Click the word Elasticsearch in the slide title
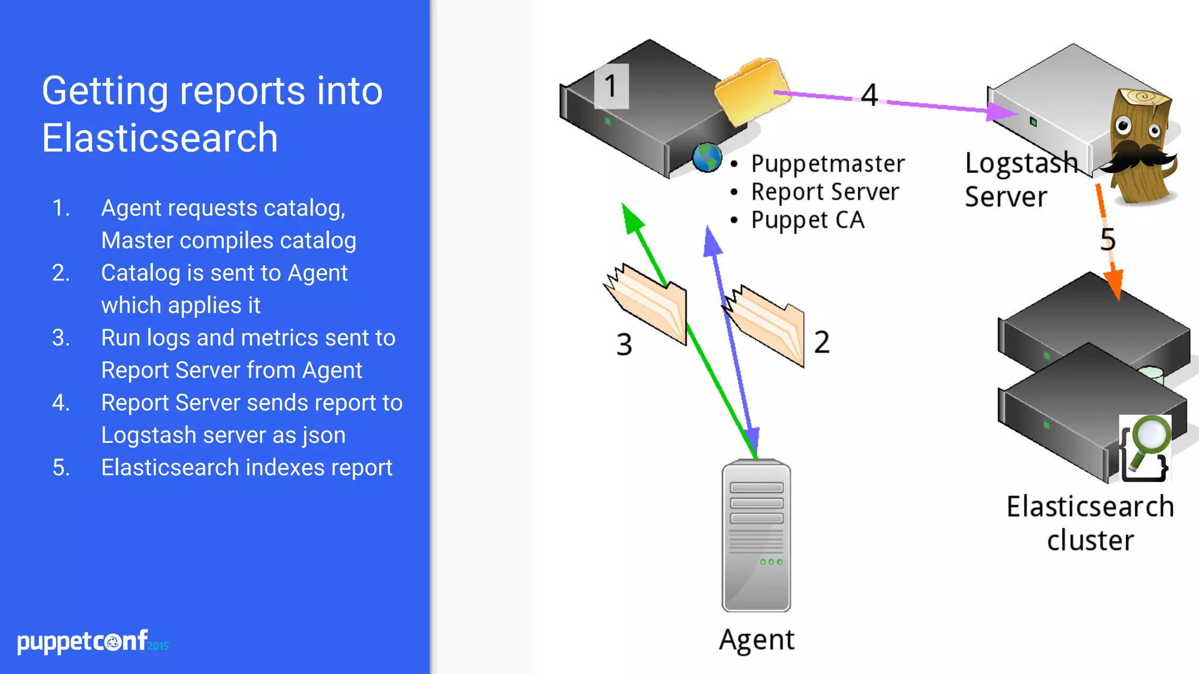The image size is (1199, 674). (160, 139)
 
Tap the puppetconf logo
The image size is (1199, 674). (93, 641)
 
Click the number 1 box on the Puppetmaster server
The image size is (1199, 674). (611, 87)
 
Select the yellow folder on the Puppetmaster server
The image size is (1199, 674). (751, 91)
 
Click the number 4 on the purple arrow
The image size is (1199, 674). (869, 95)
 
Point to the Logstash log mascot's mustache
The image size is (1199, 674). (1139, 157)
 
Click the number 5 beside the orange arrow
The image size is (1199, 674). (1108, 239)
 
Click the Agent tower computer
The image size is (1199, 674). (756, 535)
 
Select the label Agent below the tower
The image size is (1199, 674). (756, 639)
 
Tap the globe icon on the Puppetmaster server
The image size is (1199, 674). (707, 158)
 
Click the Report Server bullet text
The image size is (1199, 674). (824, 192)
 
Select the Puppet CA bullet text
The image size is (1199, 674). (807, 221)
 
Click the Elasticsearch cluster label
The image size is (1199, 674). (1090, 523)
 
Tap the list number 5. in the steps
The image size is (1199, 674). (61, 467)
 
